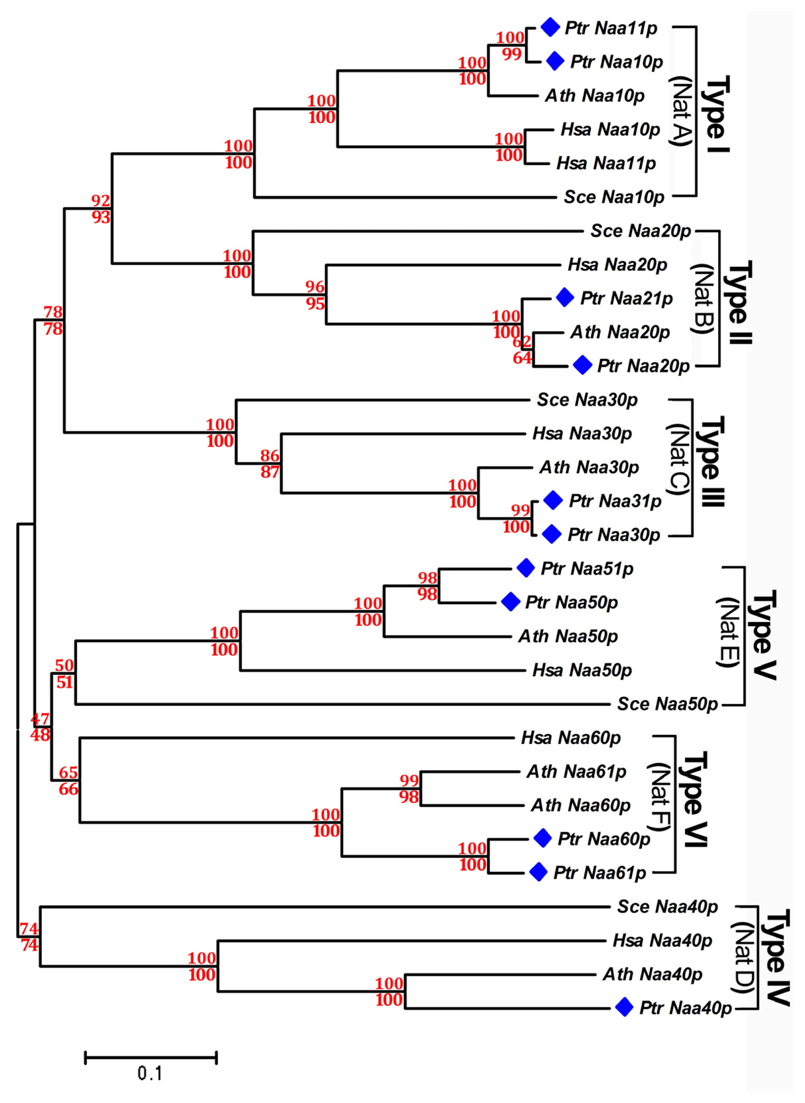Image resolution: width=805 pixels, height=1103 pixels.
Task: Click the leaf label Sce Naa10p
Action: point(614,197)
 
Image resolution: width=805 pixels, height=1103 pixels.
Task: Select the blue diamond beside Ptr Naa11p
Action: point(550,27)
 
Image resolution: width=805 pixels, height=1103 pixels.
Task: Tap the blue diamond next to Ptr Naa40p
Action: point(624,1007)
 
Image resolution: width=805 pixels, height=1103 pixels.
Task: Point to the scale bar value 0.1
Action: point(149,1073)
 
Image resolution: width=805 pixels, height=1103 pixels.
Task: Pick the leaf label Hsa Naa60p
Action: point(571,738)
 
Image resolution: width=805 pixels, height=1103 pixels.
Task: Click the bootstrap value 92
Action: point(101,200)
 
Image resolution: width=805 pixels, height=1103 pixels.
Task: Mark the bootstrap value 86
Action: point(270,455)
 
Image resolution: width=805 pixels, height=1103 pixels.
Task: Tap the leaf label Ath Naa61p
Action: point(576,772)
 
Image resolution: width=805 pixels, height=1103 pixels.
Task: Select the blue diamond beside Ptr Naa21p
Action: point(565,298)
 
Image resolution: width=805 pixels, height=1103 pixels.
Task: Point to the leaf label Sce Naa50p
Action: point(667,704)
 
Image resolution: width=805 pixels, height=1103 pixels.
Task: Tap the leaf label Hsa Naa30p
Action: point(582,433)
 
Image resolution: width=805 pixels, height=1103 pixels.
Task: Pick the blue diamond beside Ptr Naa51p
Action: point(525,568)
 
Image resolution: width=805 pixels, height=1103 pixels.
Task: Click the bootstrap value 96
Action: point(315,286)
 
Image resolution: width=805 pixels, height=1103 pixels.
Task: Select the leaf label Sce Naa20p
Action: point(640,231)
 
